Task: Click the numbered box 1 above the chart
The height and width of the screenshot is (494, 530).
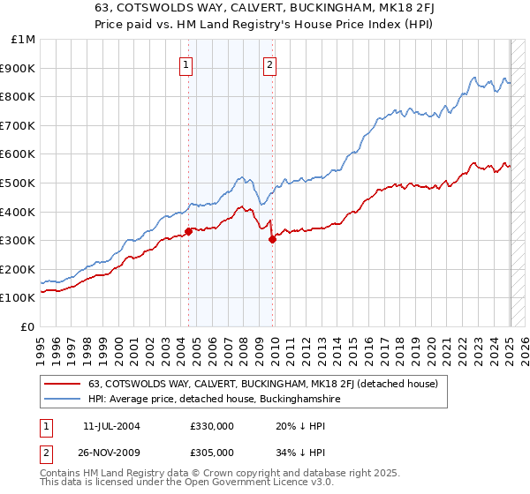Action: [x=187, y=64]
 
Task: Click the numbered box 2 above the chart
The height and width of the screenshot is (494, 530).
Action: [x=269, y=64]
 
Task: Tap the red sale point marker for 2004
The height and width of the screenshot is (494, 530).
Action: [x=188, y=232]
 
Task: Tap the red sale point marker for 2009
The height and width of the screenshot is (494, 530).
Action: [x=272, y=239]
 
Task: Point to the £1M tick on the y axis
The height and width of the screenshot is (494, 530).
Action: [x=24, y=40]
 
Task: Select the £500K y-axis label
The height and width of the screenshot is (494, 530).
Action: [x=19, y=183]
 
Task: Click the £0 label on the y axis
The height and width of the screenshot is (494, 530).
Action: [x=27, y=326]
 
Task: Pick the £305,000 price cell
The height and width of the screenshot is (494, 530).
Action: [x=212, y=452]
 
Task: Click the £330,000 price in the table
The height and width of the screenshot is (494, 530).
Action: [x=212, y=425]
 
